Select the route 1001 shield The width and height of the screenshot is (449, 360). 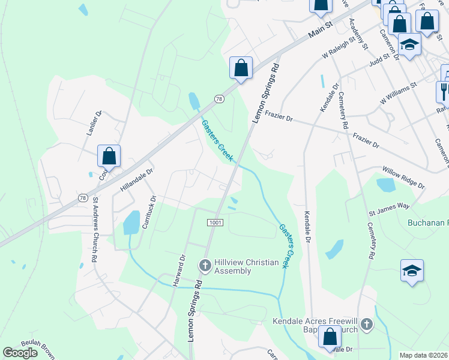[x=216, y=223]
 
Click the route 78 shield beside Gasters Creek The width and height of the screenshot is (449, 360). [x=220, y=99]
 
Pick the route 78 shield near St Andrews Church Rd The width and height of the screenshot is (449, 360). [x=83, y=197]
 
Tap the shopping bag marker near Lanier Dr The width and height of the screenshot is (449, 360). [x=109, y=156]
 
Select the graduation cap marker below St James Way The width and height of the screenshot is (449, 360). [x=412, y=271]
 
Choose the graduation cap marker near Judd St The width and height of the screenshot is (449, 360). [x=409, y=46]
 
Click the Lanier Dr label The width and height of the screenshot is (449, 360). [x=96, y=122]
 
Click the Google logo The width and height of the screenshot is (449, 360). [x=20, y=353]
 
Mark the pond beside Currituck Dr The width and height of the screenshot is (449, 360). [x=131, y=223]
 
